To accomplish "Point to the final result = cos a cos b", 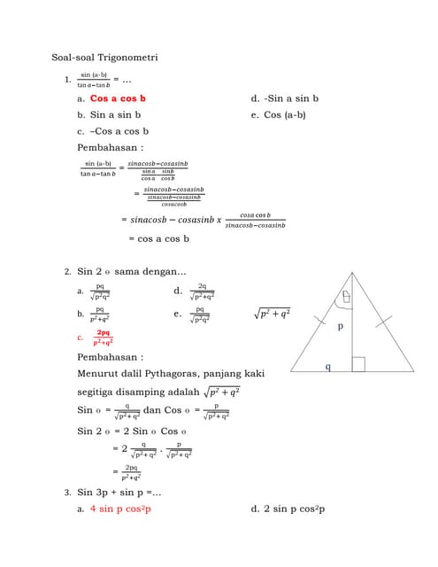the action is point(159,238).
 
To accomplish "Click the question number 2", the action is point(68,271).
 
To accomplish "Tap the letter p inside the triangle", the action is point(340,326).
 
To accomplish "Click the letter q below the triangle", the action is point(327,366).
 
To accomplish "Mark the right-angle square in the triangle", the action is point(357,364).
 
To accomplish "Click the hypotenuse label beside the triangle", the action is point(273,313).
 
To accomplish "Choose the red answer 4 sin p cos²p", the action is point(120,509).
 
